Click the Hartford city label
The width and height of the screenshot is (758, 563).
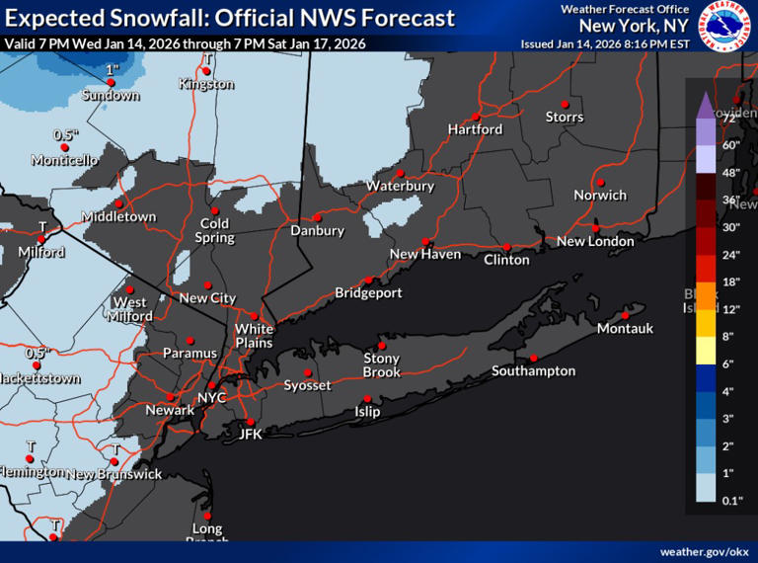[475, 129]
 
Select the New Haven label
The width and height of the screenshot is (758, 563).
[424, 255]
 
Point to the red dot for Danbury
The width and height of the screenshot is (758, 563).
[317, 217]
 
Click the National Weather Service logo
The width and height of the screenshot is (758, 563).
[724, 26]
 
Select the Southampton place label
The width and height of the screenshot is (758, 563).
[533, 371]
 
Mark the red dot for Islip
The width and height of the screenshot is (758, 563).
[367, 398]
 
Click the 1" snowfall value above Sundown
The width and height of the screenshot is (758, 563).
[112, 70]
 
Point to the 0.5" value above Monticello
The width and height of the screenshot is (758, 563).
[65, 134]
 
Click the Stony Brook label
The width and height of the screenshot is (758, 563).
[382, 364]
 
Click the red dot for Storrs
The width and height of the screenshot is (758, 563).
[565, 104]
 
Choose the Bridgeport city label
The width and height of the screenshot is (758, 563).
[368, 292]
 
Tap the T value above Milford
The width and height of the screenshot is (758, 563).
[41, 226]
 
